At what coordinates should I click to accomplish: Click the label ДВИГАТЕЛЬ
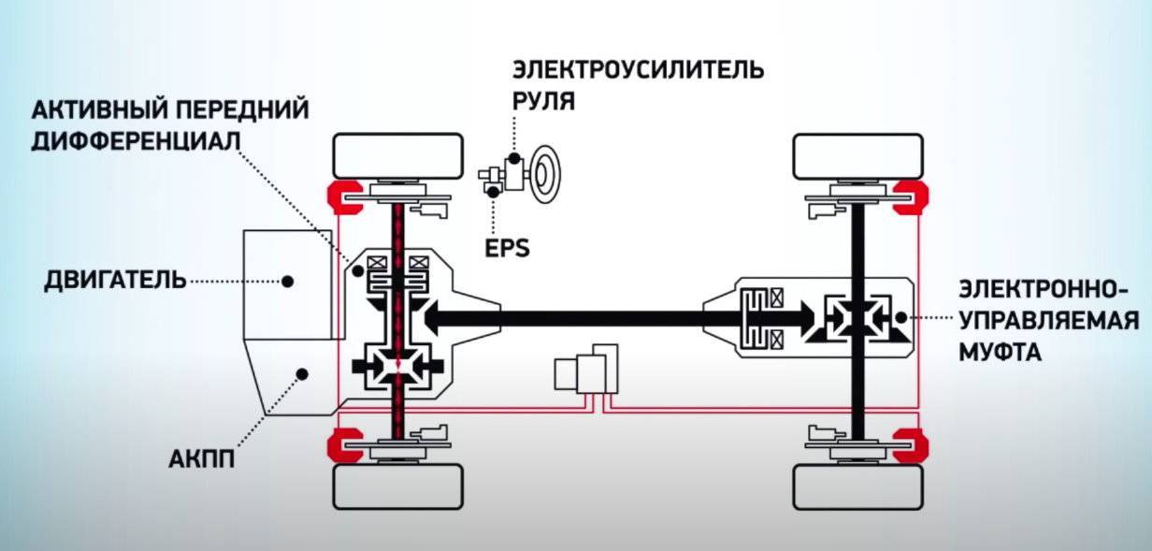114,281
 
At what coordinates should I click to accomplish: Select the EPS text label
507,248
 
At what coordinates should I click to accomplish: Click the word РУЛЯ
542,99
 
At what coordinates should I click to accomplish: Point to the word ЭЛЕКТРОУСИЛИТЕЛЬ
638,70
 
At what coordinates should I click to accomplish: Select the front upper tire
398,156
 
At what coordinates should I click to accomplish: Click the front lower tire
398,486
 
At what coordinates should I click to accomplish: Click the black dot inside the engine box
289,281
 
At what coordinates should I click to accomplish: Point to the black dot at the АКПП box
302,373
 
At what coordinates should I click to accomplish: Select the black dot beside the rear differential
900,318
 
